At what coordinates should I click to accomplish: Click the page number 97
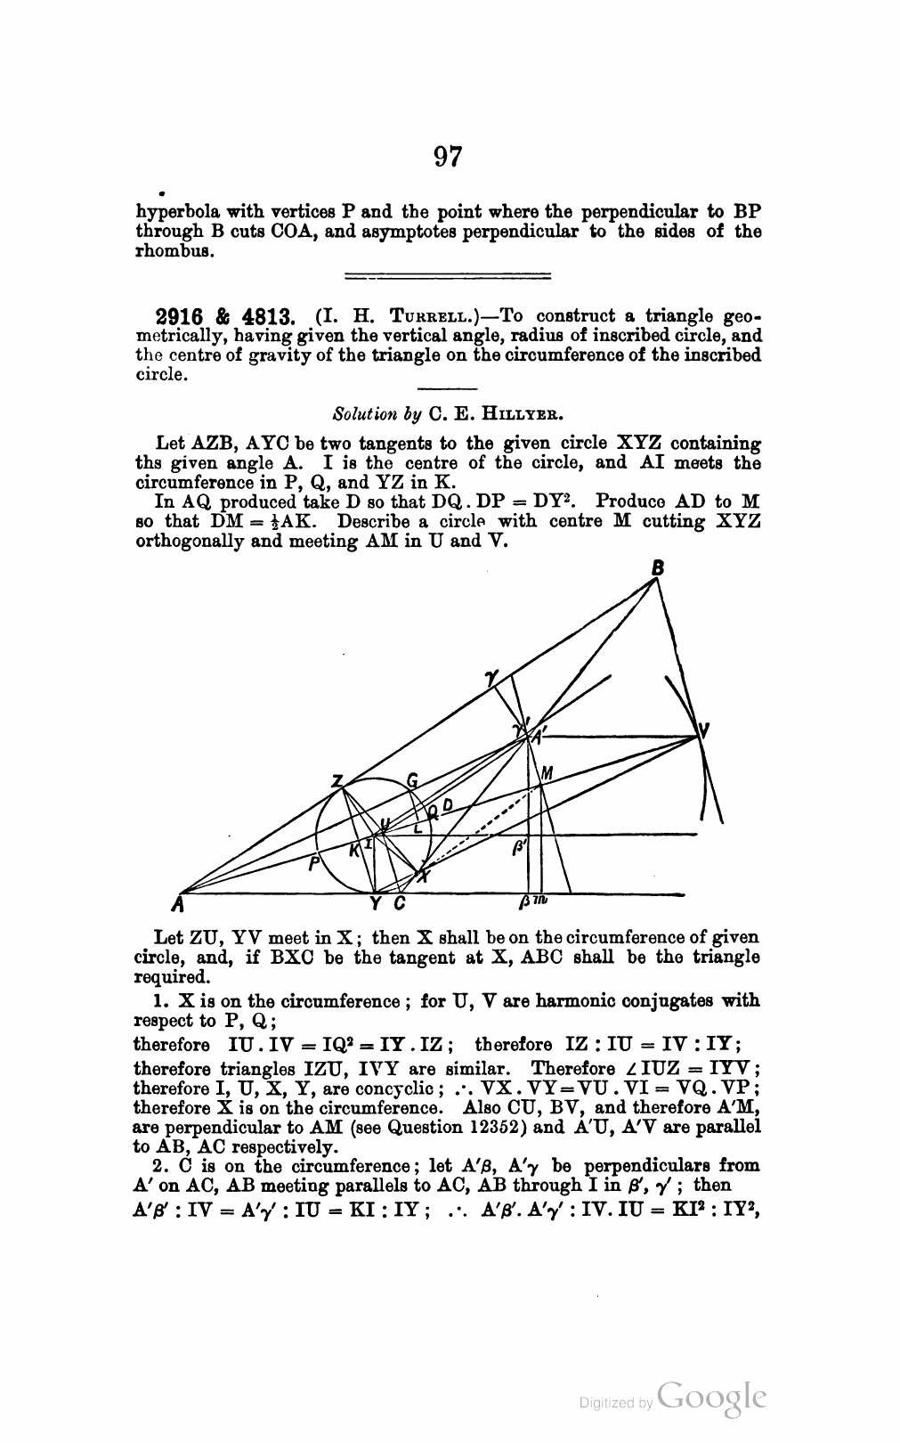[449, 157]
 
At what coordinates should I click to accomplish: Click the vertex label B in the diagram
[658, 567]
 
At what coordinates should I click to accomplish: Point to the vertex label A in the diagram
[179, 907]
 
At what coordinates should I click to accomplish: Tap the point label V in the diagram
[704, 731]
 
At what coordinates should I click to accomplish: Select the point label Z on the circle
[336, 780]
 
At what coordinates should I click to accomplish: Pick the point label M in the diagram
[547, 773]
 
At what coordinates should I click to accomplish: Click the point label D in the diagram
[448, 805]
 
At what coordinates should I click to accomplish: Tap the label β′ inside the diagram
[518, 851]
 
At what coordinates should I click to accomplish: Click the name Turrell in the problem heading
[416, 317]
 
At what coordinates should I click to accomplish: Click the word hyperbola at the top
[174, 212]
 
